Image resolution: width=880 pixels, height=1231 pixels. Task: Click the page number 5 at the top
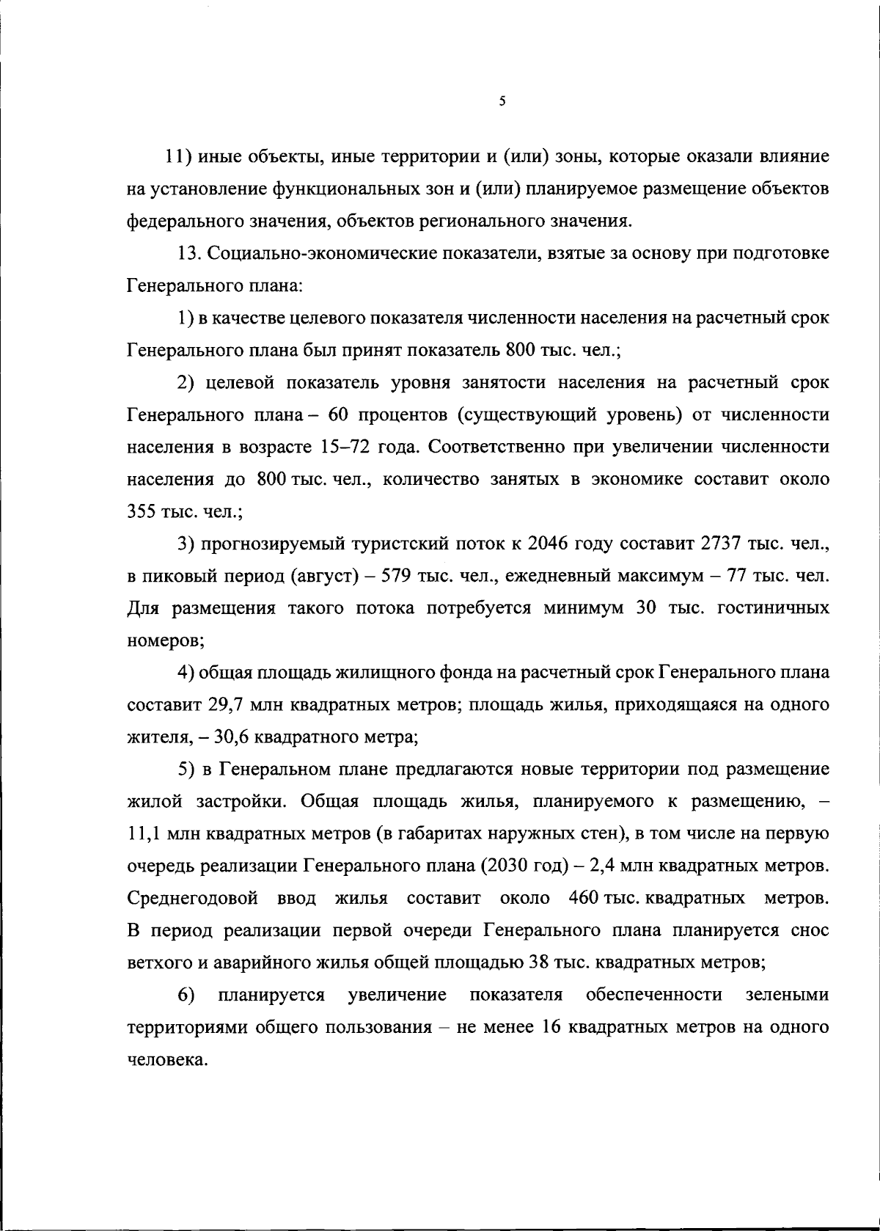pos(502,102)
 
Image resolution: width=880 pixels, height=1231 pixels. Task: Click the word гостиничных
pos(774,608)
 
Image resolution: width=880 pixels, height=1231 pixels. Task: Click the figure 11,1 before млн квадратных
pos(145,834)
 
